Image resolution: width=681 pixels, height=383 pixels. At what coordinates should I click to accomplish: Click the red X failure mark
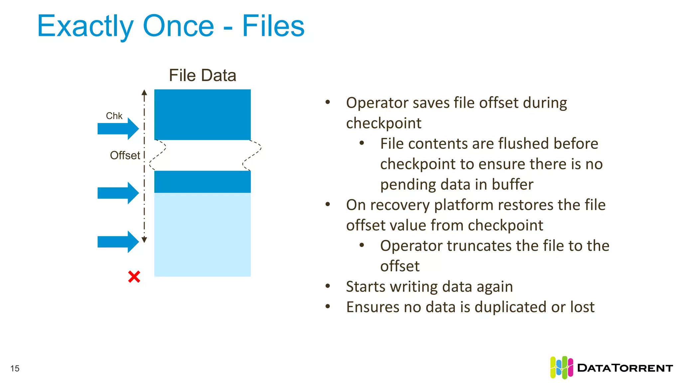[x=134, y=277]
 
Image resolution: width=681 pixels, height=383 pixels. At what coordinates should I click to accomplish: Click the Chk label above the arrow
[x=114, y=116]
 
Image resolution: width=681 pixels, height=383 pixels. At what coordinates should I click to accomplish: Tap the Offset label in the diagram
[x=125, y=155]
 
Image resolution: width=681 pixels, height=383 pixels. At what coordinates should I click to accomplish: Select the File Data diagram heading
[x=203, y=75]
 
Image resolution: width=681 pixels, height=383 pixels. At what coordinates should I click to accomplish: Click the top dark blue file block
[x=203, y=114]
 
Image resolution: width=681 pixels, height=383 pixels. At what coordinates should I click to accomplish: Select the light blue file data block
[x=203, y=234]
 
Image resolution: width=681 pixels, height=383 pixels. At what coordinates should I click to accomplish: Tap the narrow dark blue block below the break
[x=203, y=182]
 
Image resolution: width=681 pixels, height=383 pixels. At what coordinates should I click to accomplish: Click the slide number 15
[x=15, y=368]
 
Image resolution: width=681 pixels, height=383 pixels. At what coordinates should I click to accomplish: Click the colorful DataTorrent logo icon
[x=561, y=367]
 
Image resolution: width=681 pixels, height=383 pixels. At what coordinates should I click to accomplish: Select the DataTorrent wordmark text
[x=625, y=368]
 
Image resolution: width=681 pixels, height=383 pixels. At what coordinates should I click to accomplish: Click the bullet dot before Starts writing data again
[x=328, y=286]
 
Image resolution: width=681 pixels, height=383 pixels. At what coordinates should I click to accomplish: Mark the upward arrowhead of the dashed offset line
[x=144, y=92]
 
